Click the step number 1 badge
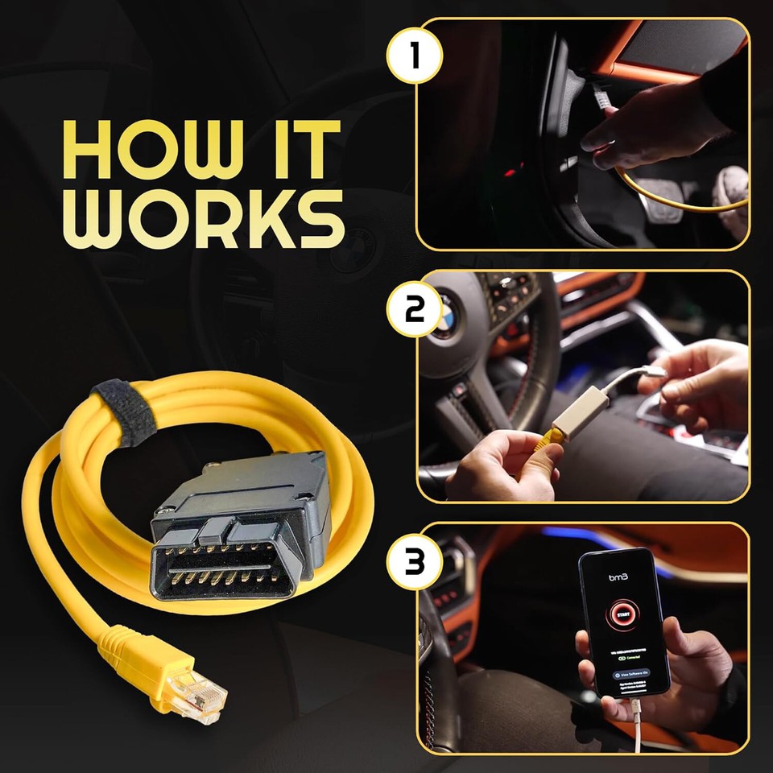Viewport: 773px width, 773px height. click(x=415, y=57)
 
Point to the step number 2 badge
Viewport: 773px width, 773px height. click(x=415, y=310)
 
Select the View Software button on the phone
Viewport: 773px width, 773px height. click(x=629, y=672)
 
